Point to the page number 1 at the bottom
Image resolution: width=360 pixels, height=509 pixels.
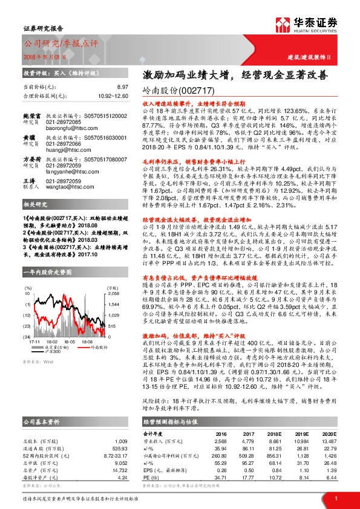click(335, 497)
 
